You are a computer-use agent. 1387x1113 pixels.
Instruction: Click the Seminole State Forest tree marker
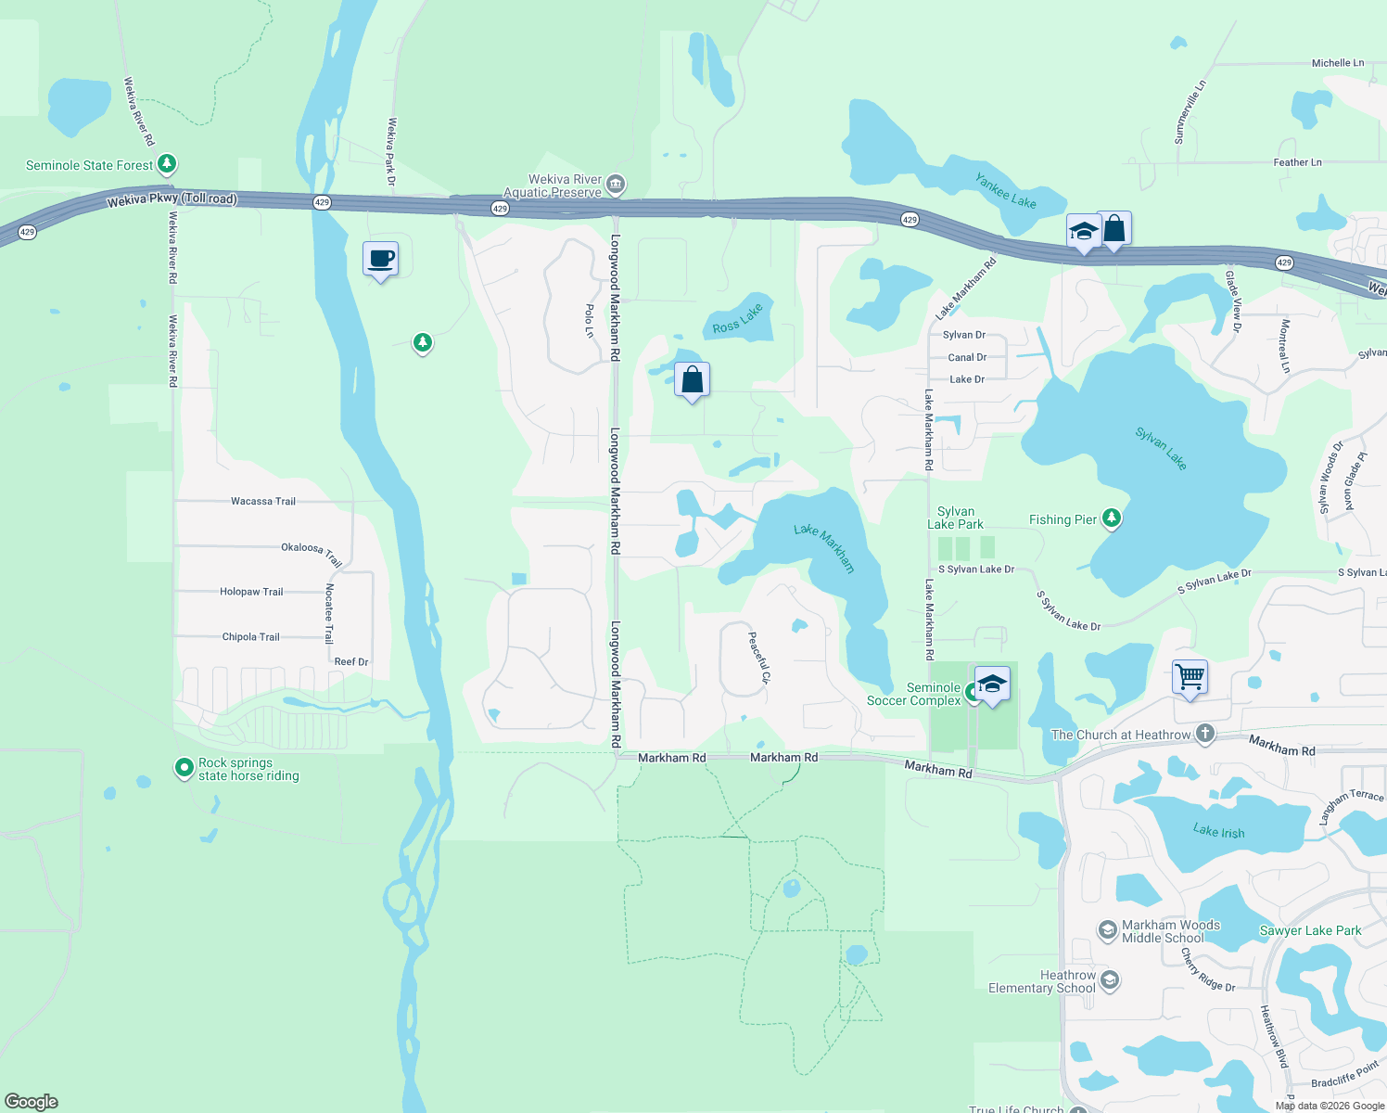167,165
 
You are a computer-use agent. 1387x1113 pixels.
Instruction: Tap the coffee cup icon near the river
380,259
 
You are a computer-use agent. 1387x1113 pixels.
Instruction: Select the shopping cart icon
1190,676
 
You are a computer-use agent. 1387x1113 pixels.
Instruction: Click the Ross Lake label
737,318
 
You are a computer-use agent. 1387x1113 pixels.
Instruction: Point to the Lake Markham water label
823,547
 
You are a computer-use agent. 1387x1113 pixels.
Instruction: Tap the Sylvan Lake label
1161,448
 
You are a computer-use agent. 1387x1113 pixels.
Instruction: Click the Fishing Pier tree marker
1111,519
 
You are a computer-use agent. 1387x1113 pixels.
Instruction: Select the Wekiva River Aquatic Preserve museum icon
616,185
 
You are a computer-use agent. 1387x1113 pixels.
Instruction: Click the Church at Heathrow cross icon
1204,735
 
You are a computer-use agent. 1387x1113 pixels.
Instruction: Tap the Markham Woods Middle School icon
1107,930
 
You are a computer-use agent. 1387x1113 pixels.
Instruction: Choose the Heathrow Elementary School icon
1110,981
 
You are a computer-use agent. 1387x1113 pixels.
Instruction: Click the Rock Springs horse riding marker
185,769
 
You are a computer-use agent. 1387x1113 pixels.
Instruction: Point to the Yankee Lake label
1006,191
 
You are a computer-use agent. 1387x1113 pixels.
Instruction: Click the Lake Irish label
1218,831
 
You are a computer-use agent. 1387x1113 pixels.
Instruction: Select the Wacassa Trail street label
263,501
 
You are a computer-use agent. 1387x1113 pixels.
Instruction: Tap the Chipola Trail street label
250,637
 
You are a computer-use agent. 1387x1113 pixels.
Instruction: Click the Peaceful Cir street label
758,658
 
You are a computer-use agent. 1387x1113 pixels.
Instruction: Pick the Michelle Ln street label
1337,63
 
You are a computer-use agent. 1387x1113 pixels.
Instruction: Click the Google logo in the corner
32,1101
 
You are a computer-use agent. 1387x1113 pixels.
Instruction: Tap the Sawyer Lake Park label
1310,930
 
